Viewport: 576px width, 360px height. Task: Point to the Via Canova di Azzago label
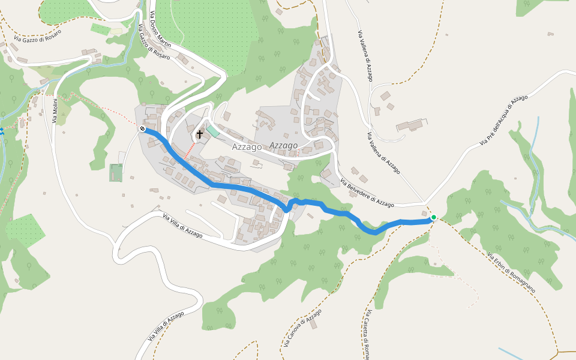click(302, 331)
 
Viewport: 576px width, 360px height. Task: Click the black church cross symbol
click(199, 134)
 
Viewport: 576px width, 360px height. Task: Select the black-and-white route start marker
click(142, 128)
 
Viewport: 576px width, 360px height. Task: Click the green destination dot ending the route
click(433, 217)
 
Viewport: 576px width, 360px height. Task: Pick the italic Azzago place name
click(283, 145)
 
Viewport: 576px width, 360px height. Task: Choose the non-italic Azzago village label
click(247, 146)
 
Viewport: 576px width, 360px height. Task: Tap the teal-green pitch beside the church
click(213, 131)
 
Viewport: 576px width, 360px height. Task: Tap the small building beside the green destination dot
click(425, 213)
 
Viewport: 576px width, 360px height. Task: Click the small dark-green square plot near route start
click(116, 173)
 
